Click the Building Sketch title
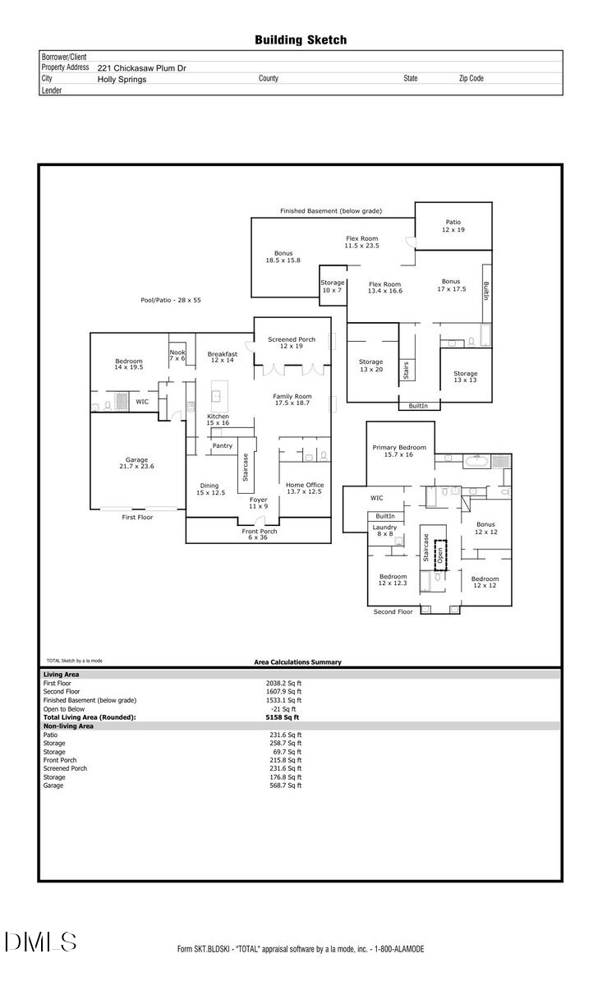click(x=300, y=39)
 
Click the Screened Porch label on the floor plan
click(x=292, y=343)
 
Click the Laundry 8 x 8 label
click(x=384, y=530)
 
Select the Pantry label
click(x=223, y=445)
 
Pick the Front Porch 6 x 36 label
click(x=259, y=535)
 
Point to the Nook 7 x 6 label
click(x=177, y=355)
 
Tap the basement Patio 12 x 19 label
click(x=453, y=225)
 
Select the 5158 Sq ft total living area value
click(x=271, y=717)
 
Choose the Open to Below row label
click(x=63, y=708)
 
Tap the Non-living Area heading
click(x=68, y=726)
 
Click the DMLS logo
click(x=40, y=942)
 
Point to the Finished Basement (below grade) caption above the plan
click(x=330, y=211)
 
